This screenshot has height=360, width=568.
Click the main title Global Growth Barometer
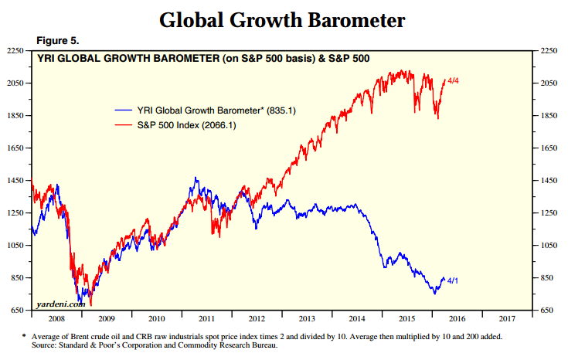point(282,20)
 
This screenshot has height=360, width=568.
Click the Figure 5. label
point(58,41)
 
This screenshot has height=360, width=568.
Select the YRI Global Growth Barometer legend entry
point(205,110)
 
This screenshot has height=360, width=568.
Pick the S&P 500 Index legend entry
point(175,125)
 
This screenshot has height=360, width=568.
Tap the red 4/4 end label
point(453,81)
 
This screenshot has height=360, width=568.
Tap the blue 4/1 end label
point(452,280)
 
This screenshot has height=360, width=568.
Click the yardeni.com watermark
point(60,304)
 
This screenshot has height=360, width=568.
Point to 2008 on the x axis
point(56,319)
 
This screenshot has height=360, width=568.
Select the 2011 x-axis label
point(207,319)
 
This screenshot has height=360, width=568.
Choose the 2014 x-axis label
point(357,319)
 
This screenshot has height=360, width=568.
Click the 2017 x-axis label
point(507,319)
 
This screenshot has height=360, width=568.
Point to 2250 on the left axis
point(15,51)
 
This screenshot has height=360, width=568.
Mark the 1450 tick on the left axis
point(15,180)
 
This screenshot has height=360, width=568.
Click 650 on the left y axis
point(17,310)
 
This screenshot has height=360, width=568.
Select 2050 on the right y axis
point(549,83)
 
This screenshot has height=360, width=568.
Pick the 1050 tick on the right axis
point(549,245)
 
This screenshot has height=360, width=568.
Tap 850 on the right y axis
point(546,278)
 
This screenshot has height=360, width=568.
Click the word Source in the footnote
point(44,345)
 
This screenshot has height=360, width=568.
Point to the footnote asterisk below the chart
point(24,336)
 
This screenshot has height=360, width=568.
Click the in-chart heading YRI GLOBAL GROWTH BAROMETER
point(128,58)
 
